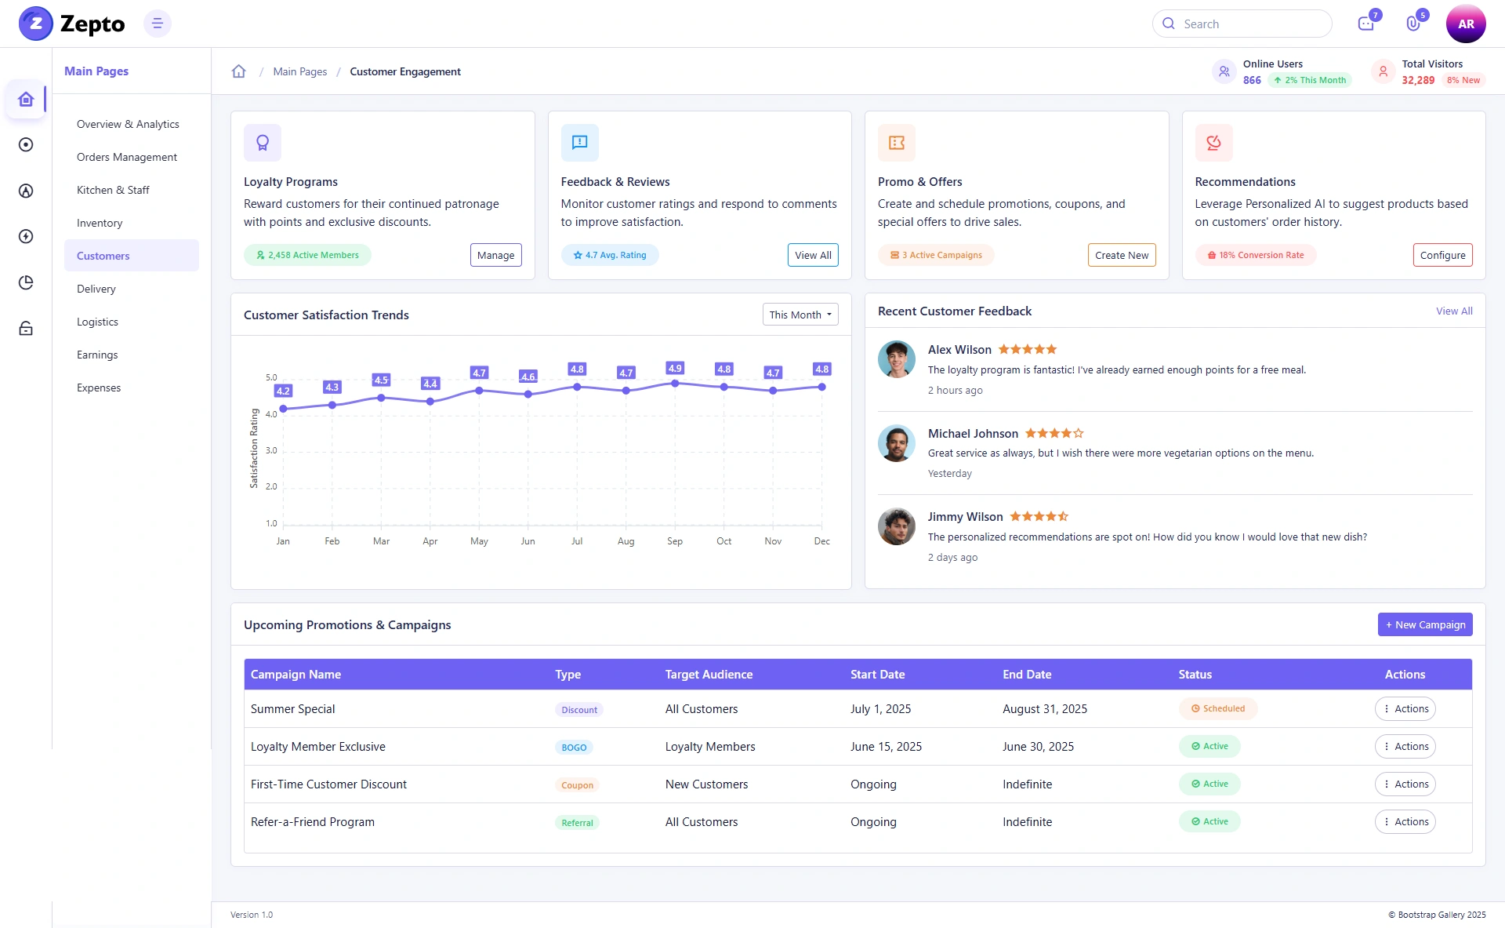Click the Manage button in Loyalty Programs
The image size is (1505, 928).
click(495, 255)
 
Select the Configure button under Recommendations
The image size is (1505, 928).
click(1442, 255)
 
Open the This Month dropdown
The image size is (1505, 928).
click(800, 315)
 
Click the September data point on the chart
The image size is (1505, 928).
click(675, 384)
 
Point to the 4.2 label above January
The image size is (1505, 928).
click(283, 391)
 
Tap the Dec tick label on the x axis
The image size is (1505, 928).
click(821, 541)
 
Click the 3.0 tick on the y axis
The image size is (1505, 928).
click(271, 450)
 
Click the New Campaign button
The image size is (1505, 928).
click(1425, 624)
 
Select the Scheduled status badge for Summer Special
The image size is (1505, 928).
click(1217, 708)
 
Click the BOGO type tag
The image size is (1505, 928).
click(574, 748)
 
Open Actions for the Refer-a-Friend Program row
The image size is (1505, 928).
click(1405, 821)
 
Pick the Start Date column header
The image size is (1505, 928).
click(877, 675)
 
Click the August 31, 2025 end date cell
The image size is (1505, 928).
click(1045, 709)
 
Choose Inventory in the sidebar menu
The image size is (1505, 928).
click(100, 223)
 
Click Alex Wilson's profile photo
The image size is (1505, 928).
click(897, 359)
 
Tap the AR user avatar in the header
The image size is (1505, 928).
click(1466, 24)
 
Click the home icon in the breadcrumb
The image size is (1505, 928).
click(239, 71)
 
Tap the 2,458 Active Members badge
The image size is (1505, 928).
click(307, 255)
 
